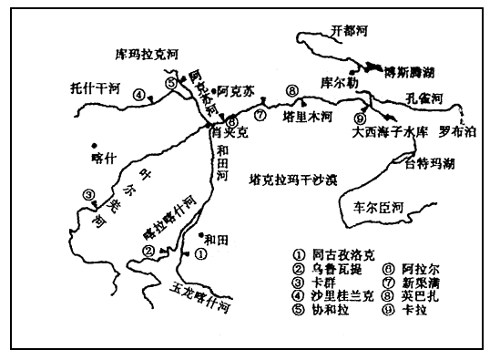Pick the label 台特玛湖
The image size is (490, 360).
pos(429,165)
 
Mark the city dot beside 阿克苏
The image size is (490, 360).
pos(213,91)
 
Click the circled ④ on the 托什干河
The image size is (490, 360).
pos(138,94)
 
